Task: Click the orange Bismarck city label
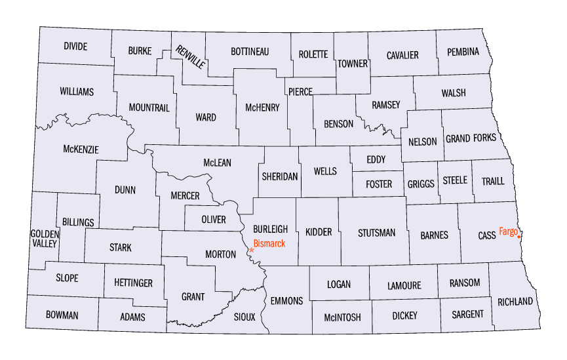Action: click(x=269, y=244)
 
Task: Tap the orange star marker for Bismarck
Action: click(x=252, y=250)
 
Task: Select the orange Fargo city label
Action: click(x=508, y=231)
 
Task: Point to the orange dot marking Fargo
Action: click(x=519, y=237)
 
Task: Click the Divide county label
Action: click(x=75, y=47)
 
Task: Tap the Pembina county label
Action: click(x=463, y=51)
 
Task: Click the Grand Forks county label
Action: click(x=471, y=138)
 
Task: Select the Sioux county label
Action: click(x=245, y=316)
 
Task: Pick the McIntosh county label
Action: click(x=342, y=317)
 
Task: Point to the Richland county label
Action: click(x=515, y=302)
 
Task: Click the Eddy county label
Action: click(x=376, y=159)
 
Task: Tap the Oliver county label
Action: click(x=214, y=220)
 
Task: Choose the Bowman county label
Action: click(x=62, y=315)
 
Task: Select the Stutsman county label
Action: click(x=376, y=232)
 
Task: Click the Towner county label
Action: click(x=353, y=64)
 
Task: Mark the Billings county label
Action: click(x=79, y=222)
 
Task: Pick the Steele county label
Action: click(x=455, y=180)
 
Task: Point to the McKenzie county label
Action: click(x=81, y=150)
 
